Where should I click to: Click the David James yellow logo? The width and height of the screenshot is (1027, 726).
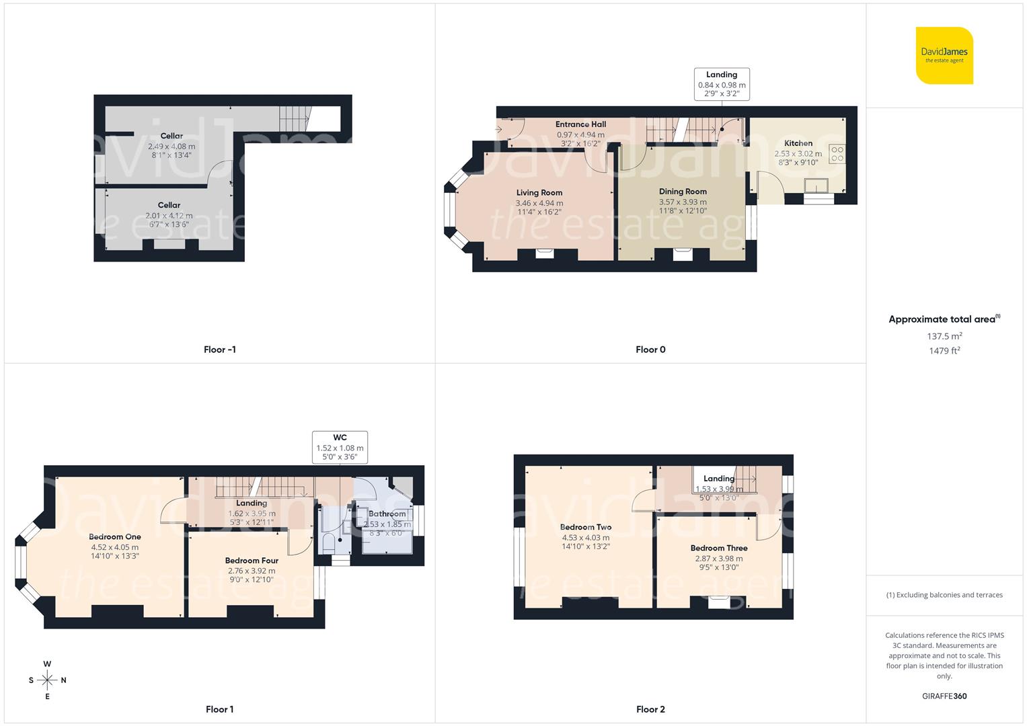(944, 55)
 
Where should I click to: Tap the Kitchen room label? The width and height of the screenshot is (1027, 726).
(798, 143)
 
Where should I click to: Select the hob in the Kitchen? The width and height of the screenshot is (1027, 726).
(837, 154)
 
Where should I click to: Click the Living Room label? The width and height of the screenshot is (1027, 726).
(539, 193)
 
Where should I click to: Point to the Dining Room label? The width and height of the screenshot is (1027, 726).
(683, 192)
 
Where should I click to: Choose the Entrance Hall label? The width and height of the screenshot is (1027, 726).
(580, 124)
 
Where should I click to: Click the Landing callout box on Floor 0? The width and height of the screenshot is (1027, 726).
(722, 84)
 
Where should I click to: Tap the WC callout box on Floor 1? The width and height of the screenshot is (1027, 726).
(340, 447)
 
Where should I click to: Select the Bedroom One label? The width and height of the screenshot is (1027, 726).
(115, 537)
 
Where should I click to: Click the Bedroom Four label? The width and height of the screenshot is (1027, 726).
(252, 561)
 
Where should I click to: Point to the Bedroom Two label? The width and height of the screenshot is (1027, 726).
(586, 527)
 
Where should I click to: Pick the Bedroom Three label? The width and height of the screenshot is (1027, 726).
(719, 548)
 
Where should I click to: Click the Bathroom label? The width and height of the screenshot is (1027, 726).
(387, 514)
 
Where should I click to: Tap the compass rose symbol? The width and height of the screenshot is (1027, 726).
(47, 680)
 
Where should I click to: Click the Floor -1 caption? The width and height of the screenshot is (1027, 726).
(219, 350)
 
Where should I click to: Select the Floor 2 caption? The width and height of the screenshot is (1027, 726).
(650, 709)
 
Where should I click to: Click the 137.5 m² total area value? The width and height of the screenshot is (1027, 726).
(944, 336)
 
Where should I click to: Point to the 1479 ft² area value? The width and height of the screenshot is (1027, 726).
(944, 351)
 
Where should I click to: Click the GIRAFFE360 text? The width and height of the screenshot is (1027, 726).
(944, 696)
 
